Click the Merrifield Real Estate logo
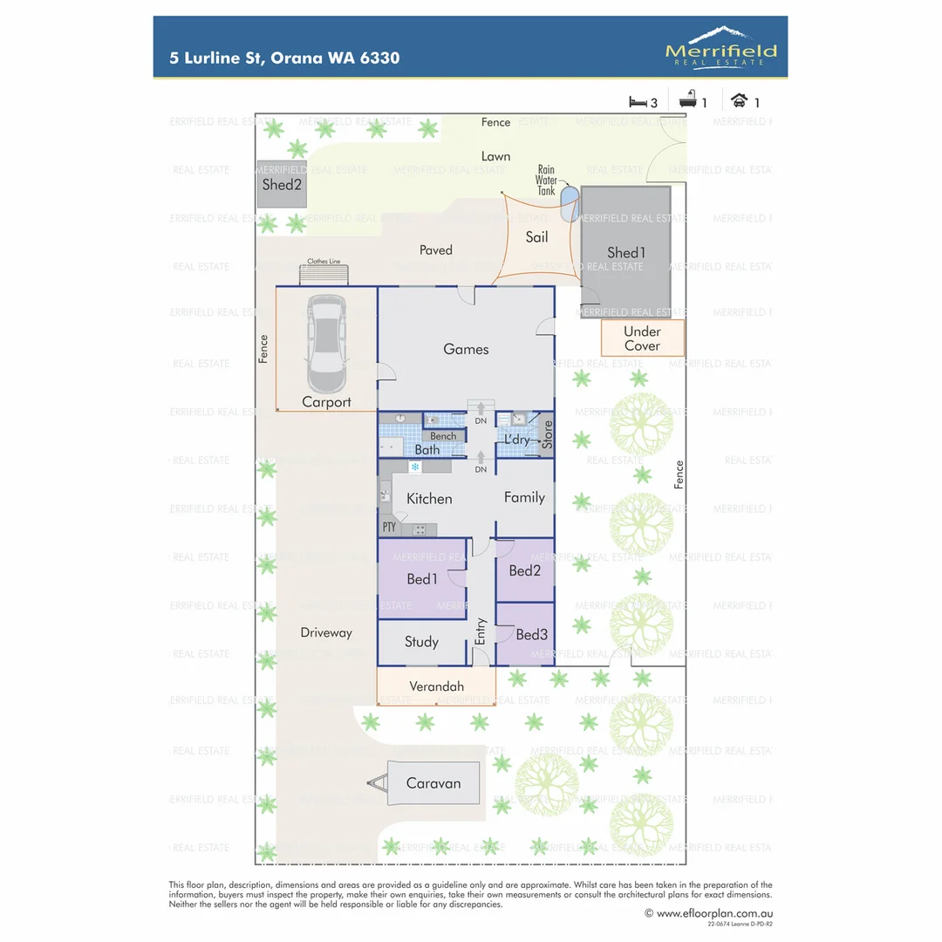pos(720,45)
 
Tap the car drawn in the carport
pos(326,345)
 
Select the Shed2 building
pos(282,185)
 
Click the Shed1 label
pos(625,253)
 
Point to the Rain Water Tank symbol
pos(570,203)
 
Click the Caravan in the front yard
pos(433,783)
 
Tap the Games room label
pos(466,350)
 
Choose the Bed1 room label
pos(422,579)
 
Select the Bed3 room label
pos(531,635)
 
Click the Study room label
pos(421,642)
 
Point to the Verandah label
pos(436,687)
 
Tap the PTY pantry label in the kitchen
pos(389,527)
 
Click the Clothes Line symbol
pos(323,274)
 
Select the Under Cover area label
pos(642,338)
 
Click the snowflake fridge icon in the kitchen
pos(415,468)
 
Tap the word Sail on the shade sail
pos(536,237)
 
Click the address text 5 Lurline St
pos(218,58)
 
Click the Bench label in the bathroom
pos(443,436)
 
